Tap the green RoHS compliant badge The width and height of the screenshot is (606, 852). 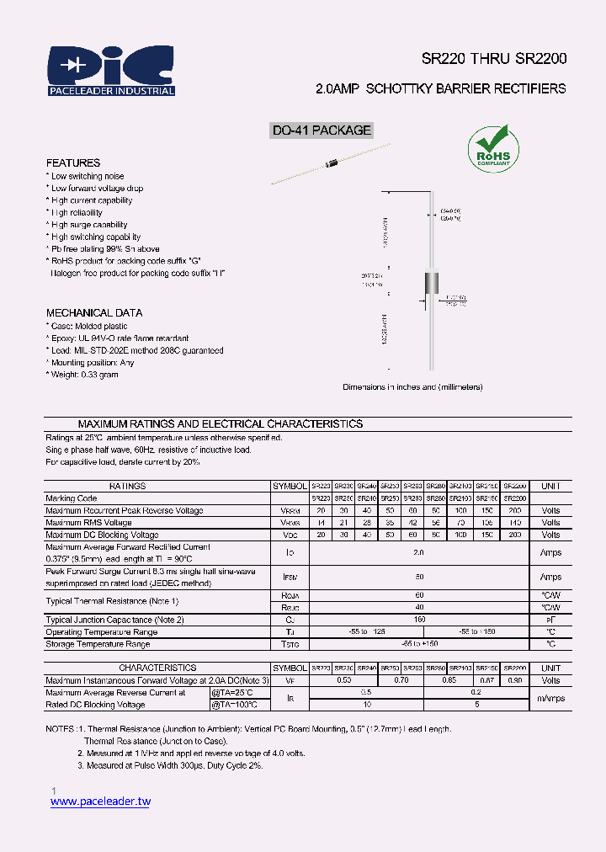[x=494, y=148]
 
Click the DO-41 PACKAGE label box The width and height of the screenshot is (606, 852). [x=321, y=130]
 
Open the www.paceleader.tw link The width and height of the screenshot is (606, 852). [x=100, y=801]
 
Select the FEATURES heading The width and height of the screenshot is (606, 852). [x=73, y=162]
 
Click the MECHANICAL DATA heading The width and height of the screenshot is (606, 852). [x=94, y=312]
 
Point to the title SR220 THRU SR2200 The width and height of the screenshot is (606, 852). [x=494, y=59]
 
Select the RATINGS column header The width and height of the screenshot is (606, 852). [x=127, y=486]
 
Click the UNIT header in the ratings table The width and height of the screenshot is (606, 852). [x=550, y=486]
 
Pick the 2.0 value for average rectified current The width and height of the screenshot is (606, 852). [x=419, y=552]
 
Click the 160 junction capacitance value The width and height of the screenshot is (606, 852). [x=419, y=620]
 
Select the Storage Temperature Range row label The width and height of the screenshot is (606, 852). [x=98, y=644]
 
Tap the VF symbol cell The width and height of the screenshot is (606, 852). [x=290, y=680]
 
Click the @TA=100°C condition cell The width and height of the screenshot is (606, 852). [x=235, y=705]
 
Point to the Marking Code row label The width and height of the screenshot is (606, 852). [x=72, y=498]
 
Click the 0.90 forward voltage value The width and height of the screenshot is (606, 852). [x=515, y=680]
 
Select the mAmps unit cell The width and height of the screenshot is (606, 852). [x=550, y=698]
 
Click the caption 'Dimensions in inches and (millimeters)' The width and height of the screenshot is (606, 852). [x=412, y=386]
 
